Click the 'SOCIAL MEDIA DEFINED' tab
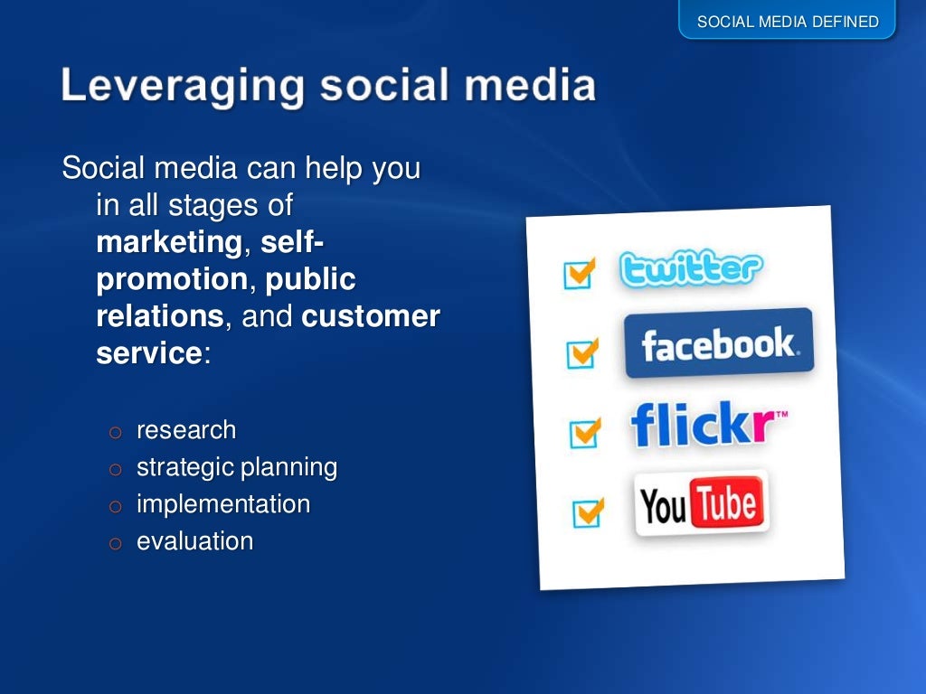tap(788, 21)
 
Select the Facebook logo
tap(719, 344)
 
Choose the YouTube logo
tap(701, 503)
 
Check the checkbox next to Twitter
tap(578, 273)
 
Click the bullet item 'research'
tap(186, 430)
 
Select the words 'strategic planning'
tap(237, 467)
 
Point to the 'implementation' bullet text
tap(223, 504)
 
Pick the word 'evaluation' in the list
tap(194, 541)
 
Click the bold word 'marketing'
tap(168, 243)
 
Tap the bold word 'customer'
tap(371, 317)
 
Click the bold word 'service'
tap(148, 353)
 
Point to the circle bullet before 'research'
tap(114, 432)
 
